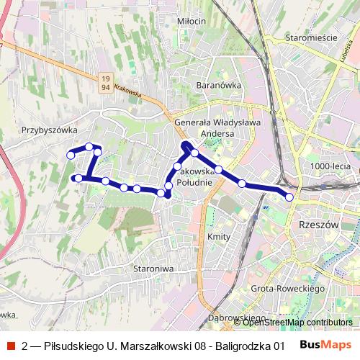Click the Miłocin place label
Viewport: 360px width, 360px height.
192,21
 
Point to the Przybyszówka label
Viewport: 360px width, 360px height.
49,130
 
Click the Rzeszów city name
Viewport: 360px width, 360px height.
318,225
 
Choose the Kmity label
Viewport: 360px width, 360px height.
217,236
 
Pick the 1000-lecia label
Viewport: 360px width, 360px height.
330,166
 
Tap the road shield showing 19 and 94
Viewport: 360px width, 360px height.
106,81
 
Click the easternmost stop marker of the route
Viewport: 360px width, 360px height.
289,197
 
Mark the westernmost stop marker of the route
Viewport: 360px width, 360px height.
71,155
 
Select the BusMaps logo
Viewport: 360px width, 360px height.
326,345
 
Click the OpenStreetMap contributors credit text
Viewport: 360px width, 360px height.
298,322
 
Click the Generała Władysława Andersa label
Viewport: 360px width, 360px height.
217,128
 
